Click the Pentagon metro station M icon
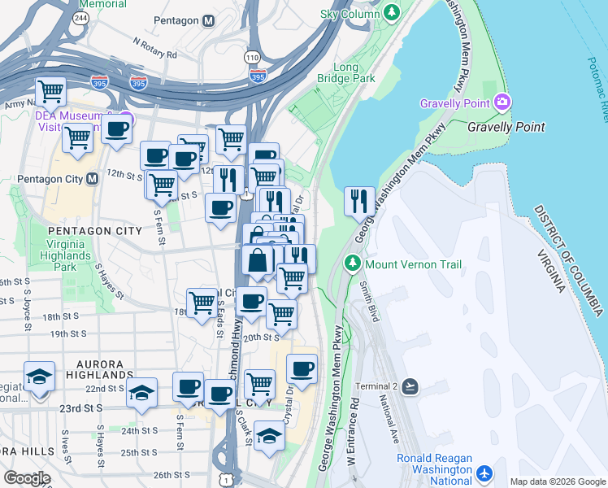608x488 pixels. click(x=209, y=20)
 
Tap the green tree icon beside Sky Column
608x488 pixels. click(x=393, y=13)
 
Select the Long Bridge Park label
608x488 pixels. click(x=354, y=72)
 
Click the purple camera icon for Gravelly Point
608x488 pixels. click(x=502, y=102)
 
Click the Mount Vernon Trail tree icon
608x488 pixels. click(x=352, y=264)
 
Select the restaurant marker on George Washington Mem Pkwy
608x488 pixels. click(x=359, y=200)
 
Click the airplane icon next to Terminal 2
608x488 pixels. click(x=409, y=386)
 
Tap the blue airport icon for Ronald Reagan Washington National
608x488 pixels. click(x=485, y=473)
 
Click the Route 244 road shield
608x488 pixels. click(x=80, y=17)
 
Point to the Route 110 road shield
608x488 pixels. click(x=252, y=57)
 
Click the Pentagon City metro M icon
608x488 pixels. click(x=92, y=177)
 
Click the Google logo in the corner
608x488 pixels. click(x=27, y=478)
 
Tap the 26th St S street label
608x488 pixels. click(x=171, y=475)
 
